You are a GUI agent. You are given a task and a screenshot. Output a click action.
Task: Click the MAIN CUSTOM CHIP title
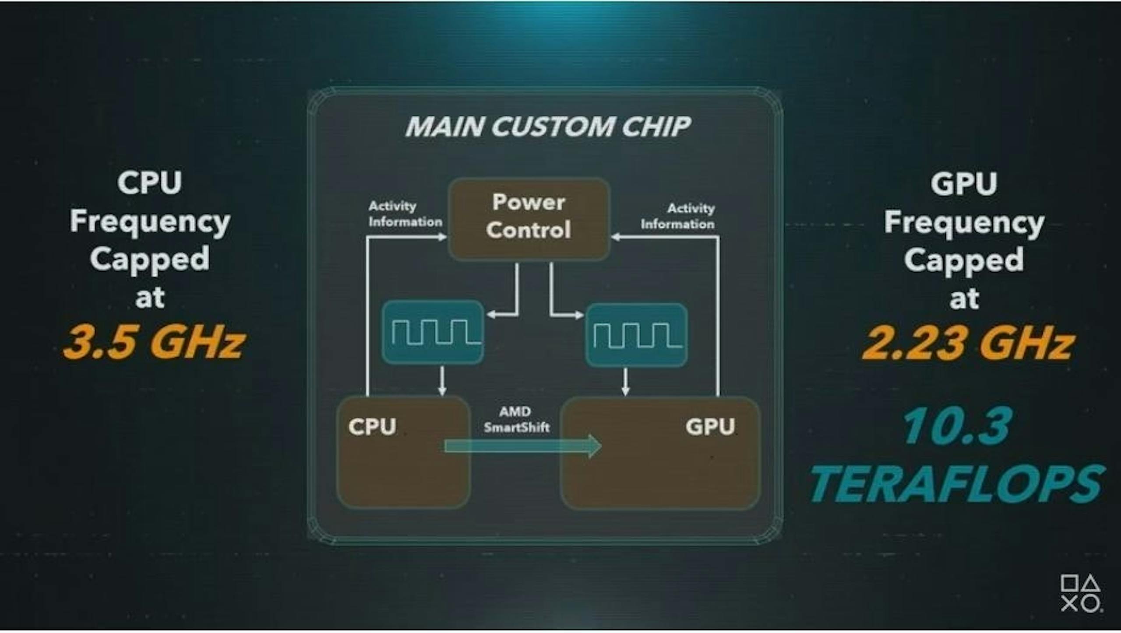[x=547, y=127]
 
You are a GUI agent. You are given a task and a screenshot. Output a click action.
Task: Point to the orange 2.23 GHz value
[x=968, y=344]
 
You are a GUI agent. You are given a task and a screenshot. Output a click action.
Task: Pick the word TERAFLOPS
[x=957, y=484]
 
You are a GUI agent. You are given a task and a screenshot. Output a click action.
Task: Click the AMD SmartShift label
[x=516, y=419]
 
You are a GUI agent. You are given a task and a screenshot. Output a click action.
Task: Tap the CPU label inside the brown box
[x=372, y=426]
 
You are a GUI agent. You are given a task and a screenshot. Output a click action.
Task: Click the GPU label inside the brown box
[x=710, y=426]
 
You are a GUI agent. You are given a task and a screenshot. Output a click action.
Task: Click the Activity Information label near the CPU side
[x=405, y=214]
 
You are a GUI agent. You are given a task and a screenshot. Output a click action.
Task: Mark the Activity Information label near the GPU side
[x=678, y=217]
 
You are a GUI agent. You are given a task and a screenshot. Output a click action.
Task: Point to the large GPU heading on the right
[x=964, y=183]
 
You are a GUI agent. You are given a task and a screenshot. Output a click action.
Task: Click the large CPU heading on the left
[x=150, y=183]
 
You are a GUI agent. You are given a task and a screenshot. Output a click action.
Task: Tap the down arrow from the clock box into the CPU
[x=442, y=381]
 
